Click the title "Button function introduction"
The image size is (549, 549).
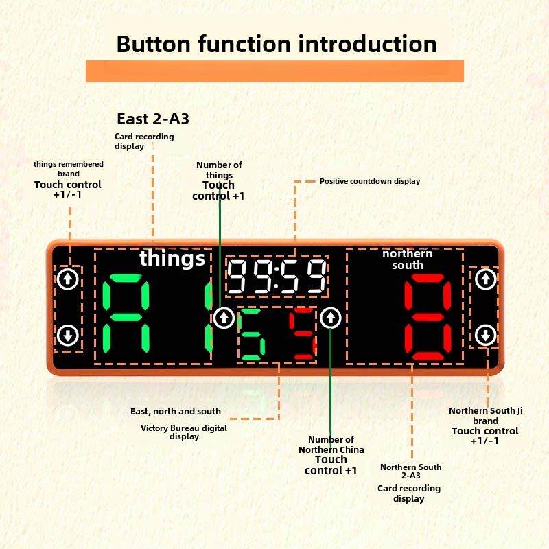pyautogui.click(x=277, y=44)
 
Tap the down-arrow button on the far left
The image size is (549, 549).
pyautogui.click(x=67, y=336)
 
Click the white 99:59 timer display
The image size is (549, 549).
pyautogui.click(x=277, y=277)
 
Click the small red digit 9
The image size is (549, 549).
pyautogui.click(x=302, y=336)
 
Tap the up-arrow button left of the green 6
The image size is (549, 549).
pyautogui.click(x=223, y=317)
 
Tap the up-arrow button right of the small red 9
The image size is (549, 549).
pyautogui.click(x=331, y=317)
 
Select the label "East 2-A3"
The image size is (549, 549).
pyautogui.click(x=152, y=119)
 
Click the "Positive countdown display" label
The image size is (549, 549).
pyautogui.click(x=370, y=181)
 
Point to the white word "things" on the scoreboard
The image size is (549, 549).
pyautogui.click(x=172, y=259)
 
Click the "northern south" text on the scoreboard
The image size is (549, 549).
pyautogui.click(x=408, y=259)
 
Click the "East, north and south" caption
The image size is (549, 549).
pyautogui.click(x=176, y=411)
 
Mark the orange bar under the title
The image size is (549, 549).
pyautogui.click(x=274, y=71)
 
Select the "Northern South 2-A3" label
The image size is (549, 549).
pyautogui.click(x=410, y=471)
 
